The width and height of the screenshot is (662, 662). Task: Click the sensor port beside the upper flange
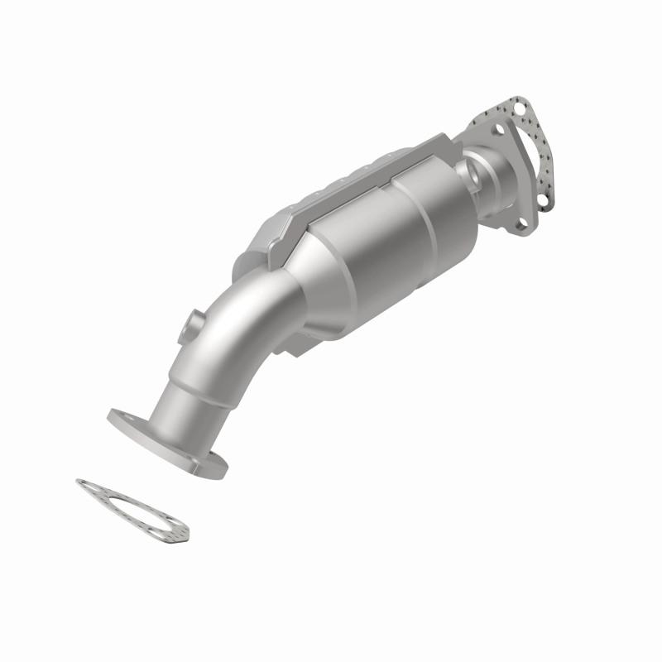pos(477,174)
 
